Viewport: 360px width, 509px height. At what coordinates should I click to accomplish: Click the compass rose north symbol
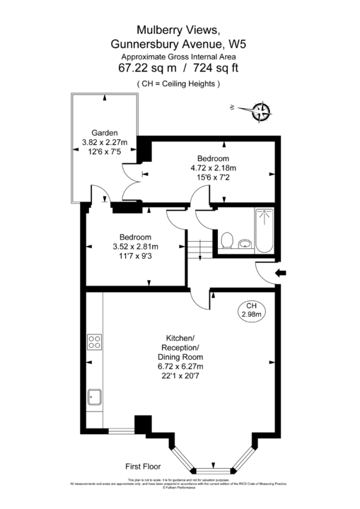(x=261, y=110)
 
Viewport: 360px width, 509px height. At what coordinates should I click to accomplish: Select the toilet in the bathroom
(x=227, y=242)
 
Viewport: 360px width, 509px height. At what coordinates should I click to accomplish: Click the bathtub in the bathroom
(x=264, y=230)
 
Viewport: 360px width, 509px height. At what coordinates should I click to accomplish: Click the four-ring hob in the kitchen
(x=94, y=342)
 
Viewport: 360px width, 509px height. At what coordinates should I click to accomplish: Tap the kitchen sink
(x=94, y=399)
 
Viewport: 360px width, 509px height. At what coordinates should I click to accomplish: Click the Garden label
(x=104, y=133)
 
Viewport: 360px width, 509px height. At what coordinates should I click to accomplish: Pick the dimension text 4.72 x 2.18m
(x=213, y=168)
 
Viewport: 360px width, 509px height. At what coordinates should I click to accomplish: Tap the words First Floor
(x=144, y=467)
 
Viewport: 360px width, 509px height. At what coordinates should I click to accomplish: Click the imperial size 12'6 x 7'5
(x=104, y=151)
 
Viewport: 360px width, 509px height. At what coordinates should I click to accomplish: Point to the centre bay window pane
(x=213, y=469)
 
